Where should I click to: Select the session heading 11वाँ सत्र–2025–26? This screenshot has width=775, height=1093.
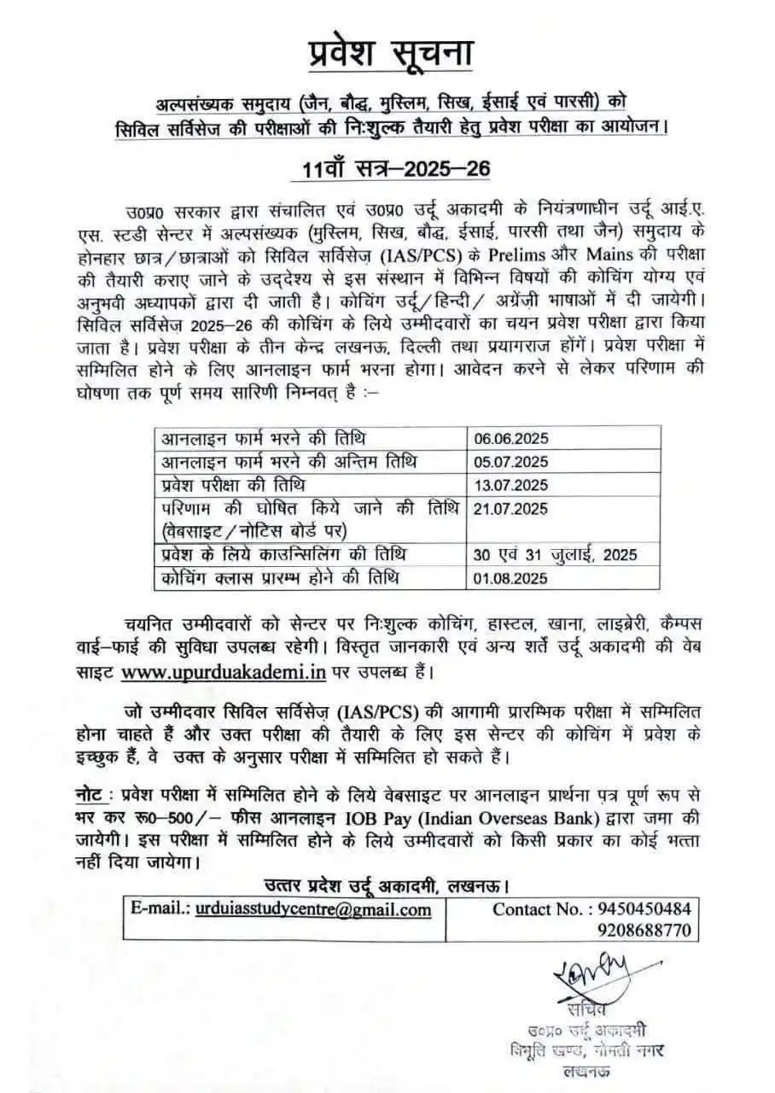[397, 168]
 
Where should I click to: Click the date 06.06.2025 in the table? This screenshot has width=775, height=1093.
[511, 439]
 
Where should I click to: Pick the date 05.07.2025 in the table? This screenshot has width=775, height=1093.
[511, 462]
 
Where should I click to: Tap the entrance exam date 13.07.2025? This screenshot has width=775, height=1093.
[511, 485]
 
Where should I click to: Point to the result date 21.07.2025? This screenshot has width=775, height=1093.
[511, 509]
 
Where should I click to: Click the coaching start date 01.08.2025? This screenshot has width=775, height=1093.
[511, 577]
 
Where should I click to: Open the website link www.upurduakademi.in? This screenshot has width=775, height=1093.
[224, 671]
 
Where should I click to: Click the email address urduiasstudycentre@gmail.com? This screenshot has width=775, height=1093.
[313, 909]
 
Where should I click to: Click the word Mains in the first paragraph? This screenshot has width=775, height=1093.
[610, 254]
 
